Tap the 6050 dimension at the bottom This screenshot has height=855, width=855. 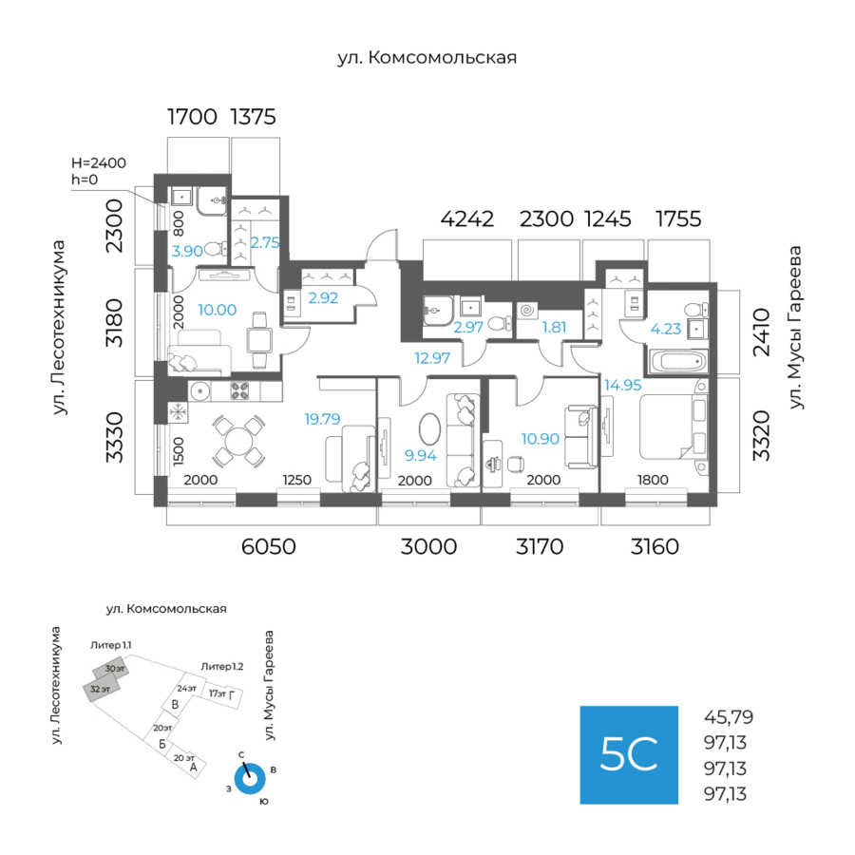click(x=268, y=546)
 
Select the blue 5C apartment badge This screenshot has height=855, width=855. click(x=629, y=754)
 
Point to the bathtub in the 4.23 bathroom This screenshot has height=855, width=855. click(x=677, y=362)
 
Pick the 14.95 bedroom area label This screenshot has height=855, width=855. click(x=621, y=385)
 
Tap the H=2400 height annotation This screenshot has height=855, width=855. click(x=99, y=163)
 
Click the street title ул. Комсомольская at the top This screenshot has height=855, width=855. click(x=427, y=58)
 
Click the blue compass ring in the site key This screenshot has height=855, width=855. click(x=250, y=778)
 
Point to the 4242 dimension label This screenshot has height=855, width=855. click(x=467, y=219)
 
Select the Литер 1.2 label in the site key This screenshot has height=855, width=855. click(x=221, y=667)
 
